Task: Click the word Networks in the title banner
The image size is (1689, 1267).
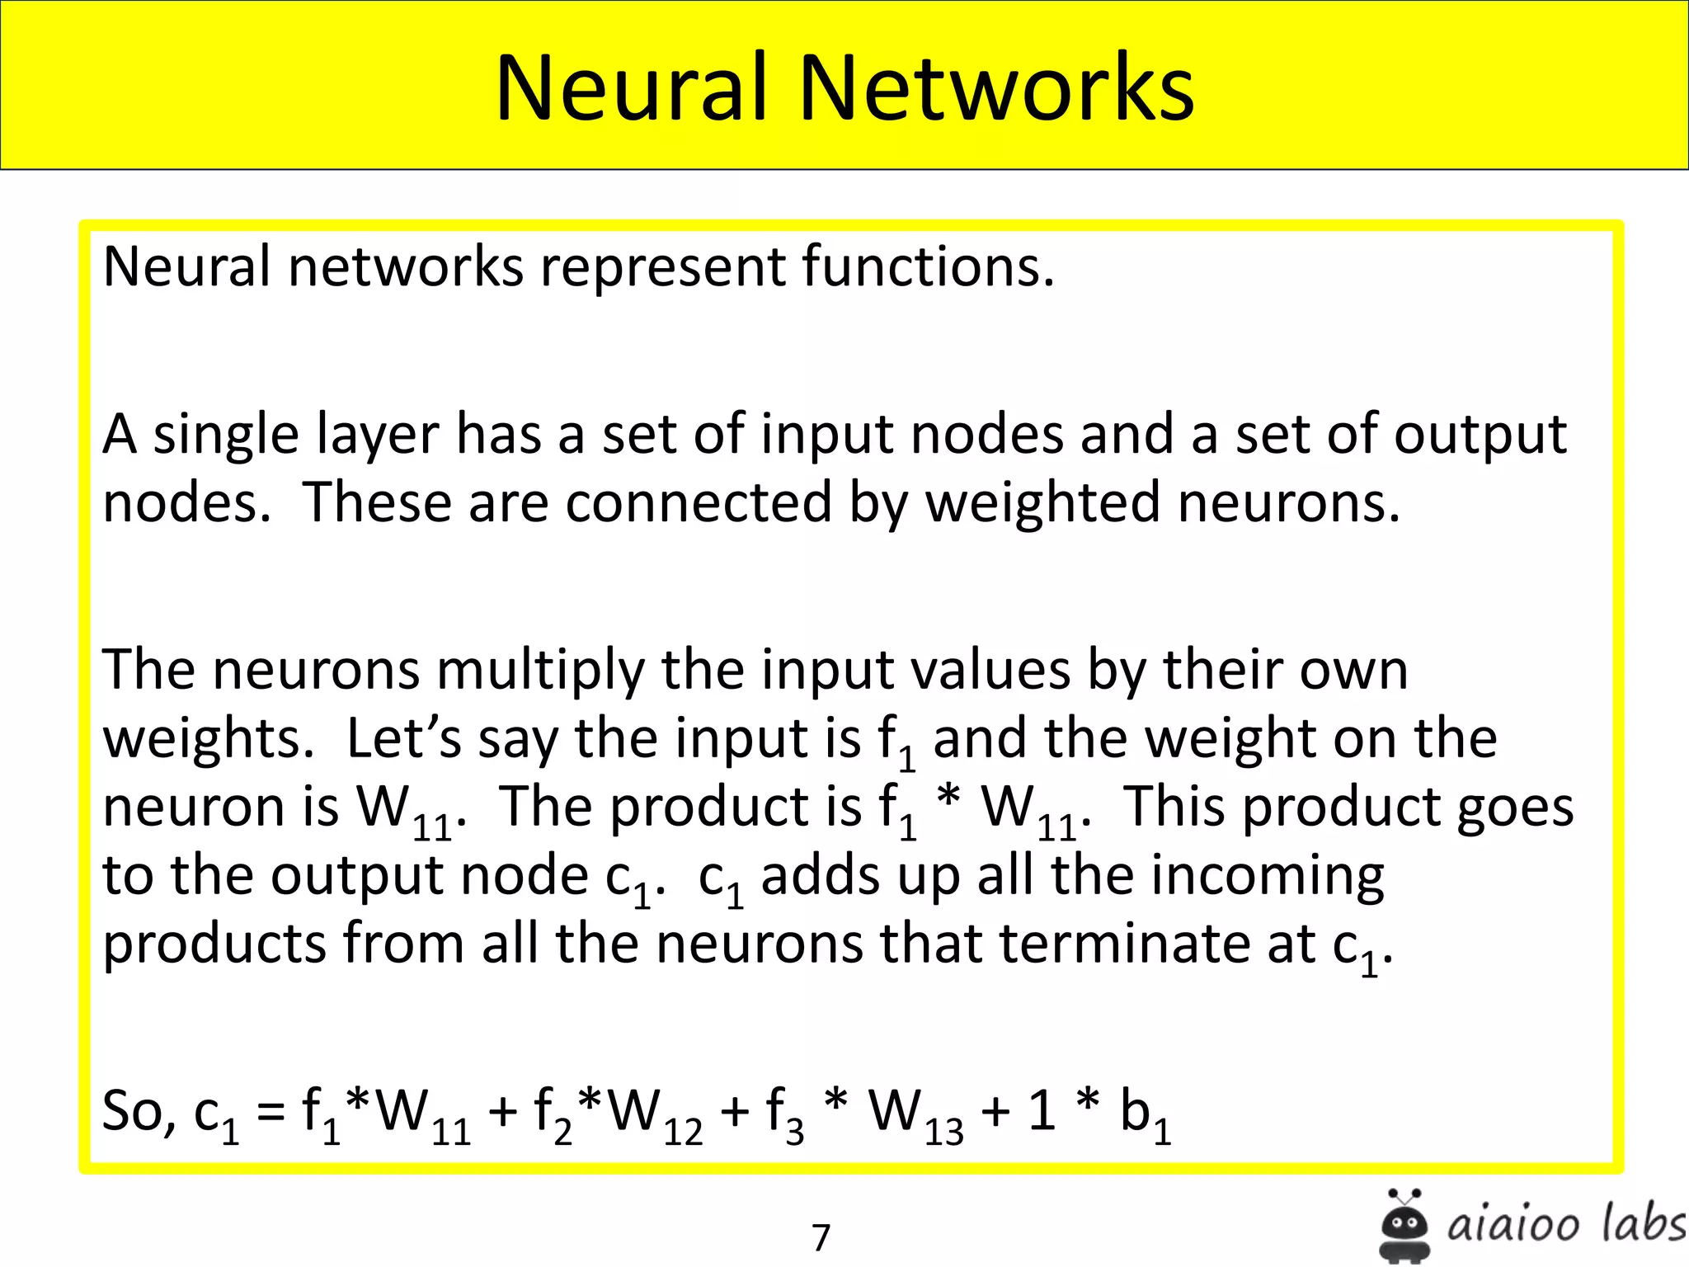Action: pos(995,87)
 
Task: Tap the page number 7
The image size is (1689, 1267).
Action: pos(821,1237)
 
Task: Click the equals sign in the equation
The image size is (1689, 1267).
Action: pos(271,1112)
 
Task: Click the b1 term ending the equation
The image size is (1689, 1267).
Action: pos(1145,1114)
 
